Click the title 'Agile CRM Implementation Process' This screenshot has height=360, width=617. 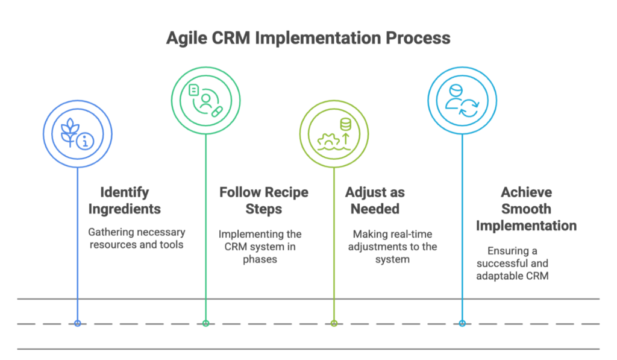[308, 38]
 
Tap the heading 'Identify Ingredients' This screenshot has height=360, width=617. [124, 200]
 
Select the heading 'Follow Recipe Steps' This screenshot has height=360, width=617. [264, 200]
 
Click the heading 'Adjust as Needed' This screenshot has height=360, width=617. [375, 200]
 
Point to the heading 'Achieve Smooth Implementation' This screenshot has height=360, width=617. [526, 209]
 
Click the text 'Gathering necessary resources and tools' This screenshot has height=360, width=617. [137, 238]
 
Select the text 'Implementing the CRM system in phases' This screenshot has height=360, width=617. [260, 247]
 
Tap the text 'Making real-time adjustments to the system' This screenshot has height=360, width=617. [392, 247]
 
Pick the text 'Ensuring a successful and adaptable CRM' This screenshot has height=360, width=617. [512, 263]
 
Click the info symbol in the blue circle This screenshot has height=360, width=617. [85, 141]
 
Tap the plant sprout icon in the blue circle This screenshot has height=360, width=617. [70, 132]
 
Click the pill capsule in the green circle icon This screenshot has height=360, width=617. [217, 112]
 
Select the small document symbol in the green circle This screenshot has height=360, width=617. [193, 90]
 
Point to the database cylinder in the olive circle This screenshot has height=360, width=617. [345, 124]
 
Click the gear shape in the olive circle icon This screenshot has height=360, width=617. [328, 141]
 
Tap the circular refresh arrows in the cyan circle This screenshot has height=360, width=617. [469, 108]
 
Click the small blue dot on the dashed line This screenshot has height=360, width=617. [78, 323]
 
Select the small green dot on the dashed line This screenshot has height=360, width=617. [206, 323]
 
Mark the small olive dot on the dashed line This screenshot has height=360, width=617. [334, 323]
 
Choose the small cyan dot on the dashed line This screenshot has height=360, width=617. [462, 323]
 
